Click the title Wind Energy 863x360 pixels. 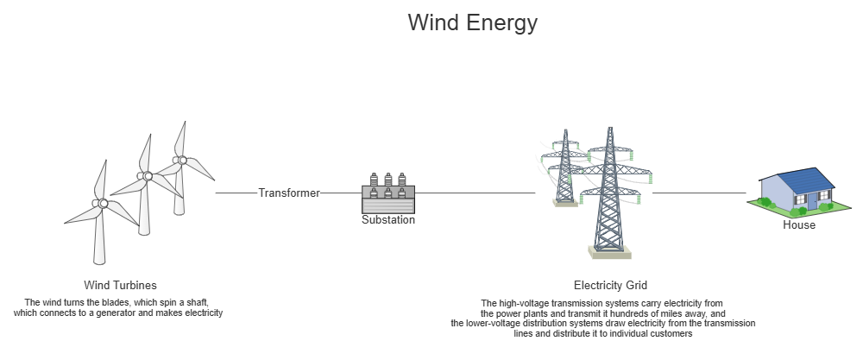coord(472,22)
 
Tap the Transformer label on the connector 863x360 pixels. coord(288,193)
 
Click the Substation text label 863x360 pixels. coord(387,220)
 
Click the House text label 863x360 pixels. coord(798,225)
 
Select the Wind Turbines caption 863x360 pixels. coord(120,285)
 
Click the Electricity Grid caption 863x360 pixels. coord(610,285)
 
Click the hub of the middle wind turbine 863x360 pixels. coord(146,176)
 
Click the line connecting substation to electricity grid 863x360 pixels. coord(475,193)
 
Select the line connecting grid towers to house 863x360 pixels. coord(699,193)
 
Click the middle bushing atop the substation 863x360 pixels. coord(387,180)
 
